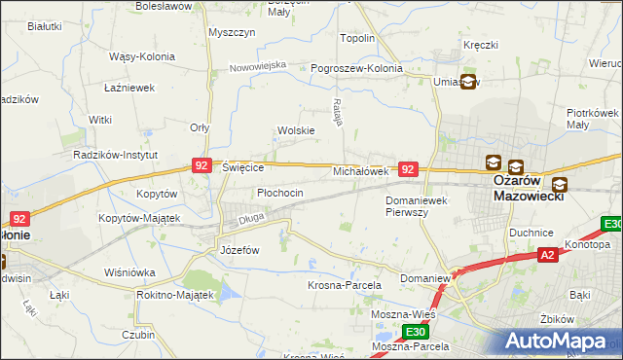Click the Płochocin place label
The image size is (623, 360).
tap(280, 194)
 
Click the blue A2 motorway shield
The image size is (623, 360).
tap(549, 255)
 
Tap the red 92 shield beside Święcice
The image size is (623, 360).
tap(202, 166)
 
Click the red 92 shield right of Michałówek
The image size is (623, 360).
tap(409, 169)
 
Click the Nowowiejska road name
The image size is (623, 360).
tap(258, 66)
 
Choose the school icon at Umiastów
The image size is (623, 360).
tap(468, 83)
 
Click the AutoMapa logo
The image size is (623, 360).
tap(559, 342)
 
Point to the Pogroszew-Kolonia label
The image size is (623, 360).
tap(356, 69)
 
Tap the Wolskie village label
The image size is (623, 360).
tap(296, 130)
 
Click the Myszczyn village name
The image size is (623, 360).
tap(232, 32)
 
